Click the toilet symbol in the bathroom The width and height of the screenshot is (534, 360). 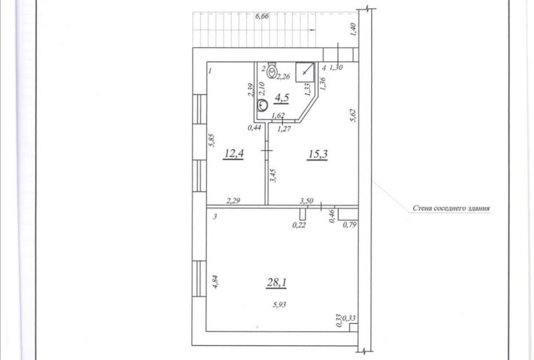click(x=272, y=70)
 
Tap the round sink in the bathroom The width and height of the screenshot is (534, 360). click(x=262, y=105)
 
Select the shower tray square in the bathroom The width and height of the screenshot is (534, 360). click(x=304, y=72)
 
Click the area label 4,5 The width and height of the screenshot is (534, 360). click(x=282, y=98)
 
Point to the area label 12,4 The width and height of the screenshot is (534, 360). click(x=233, y=154)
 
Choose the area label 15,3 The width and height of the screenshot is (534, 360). click(x=317, y=154)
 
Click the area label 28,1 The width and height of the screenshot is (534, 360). click(x=276, y=282)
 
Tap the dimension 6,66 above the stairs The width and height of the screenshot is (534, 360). click(x=262, y=16)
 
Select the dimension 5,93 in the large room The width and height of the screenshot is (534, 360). click(x=279, y=305)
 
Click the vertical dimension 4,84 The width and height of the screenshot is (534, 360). click(x=215, y=282)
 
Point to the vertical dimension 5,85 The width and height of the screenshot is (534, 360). click(x=211, y=140)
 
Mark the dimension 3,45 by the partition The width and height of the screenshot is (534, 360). click(x=273, y=175)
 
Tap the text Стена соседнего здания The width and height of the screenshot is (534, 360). click(x=452, y=208)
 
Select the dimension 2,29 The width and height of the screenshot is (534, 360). click(x=233, y=201)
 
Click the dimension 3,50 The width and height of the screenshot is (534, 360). click(x=306, y=201)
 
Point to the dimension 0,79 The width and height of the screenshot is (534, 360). click(x=349, y=225)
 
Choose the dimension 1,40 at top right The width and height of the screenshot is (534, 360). click(x=353, y=29)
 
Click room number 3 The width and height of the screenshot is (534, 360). click(x=215, y=216)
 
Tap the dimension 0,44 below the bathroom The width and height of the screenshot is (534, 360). click(x=254, y=127)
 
